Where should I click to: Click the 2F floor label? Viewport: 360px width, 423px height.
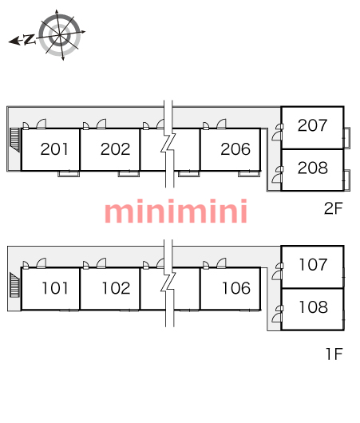(x=334, y=208)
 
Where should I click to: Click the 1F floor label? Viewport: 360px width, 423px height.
(x=334, y=354)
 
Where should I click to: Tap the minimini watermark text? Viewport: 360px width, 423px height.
(x=176, y=211)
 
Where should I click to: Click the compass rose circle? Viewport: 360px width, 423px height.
(x=60, y=35)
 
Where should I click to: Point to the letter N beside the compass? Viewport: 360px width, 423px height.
(x=29, y=39)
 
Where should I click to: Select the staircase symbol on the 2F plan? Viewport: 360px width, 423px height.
(x=15, y=140)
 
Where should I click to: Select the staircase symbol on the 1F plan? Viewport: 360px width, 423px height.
(x=15, y=285)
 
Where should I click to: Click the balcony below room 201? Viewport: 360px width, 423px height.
(x=69, y=174)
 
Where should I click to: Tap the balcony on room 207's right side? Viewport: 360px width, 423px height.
(x=347, y=137)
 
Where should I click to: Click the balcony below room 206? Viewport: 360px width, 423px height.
(x=249, y=174)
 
